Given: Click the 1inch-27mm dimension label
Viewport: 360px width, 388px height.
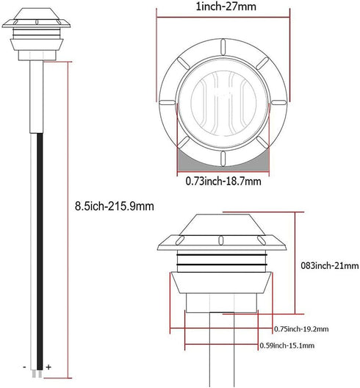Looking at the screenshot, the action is [x=226, y=7].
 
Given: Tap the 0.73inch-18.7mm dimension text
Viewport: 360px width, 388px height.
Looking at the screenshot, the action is [x=223, y=182].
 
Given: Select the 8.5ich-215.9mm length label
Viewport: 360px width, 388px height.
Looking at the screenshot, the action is [x=115, y=206].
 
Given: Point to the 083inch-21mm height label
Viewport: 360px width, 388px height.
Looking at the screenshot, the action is [x=330, y=266].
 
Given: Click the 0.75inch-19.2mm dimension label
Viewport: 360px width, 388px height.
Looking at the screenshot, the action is [x=301, y=329].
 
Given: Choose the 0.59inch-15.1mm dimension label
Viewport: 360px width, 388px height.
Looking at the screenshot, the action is [x=287, y=345].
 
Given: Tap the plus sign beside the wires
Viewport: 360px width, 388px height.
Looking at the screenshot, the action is [x=48, y=367].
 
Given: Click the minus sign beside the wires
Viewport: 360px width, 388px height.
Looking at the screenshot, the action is [x=24, y=367].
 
